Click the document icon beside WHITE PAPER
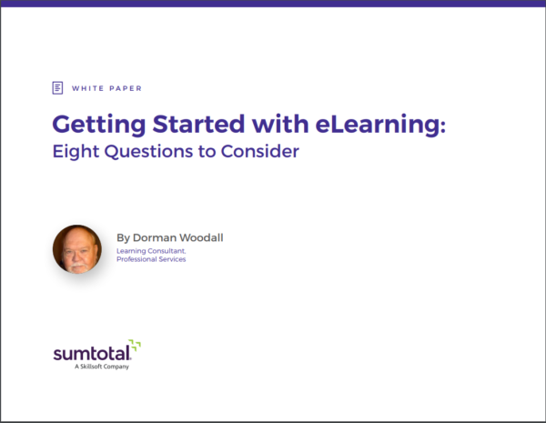[58, 88]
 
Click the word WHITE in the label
[86, 88]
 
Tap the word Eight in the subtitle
[73, 152]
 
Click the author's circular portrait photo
[76, 249]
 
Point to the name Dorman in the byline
[157, 238]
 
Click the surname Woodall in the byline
[203, 238]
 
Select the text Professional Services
[151, 260]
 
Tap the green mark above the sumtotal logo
[135, 344]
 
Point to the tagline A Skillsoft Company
[101, 368]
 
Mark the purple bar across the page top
[273, 3]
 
